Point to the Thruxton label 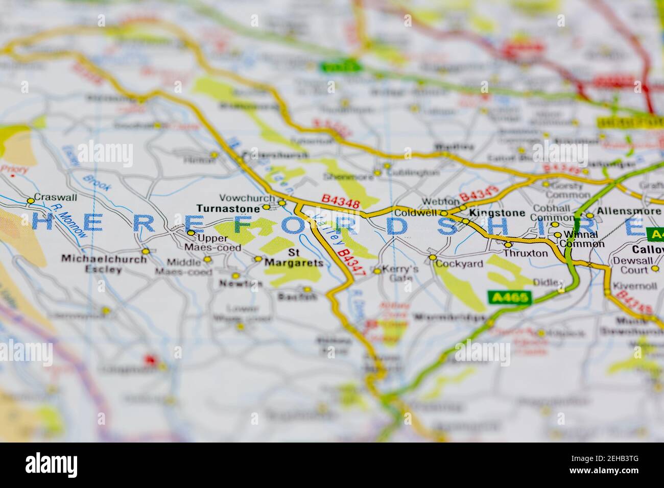click(x=525, y=253)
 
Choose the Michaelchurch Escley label click(x=104, y=264)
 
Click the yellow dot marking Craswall click(x=31, y=201)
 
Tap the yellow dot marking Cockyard click(x=433, y=258)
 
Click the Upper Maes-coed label click(x=211, y=242)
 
